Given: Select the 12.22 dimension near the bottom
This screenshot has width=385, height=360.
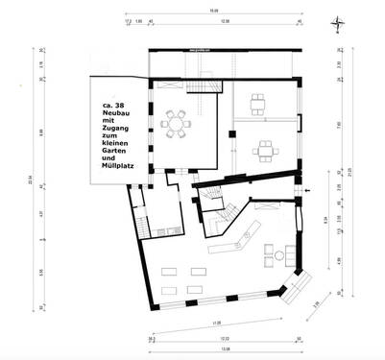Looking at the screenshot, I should (x=223, y=338).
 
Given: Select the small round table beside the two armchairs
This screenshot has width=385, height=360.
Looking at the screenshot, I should (x=278, y=253).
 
